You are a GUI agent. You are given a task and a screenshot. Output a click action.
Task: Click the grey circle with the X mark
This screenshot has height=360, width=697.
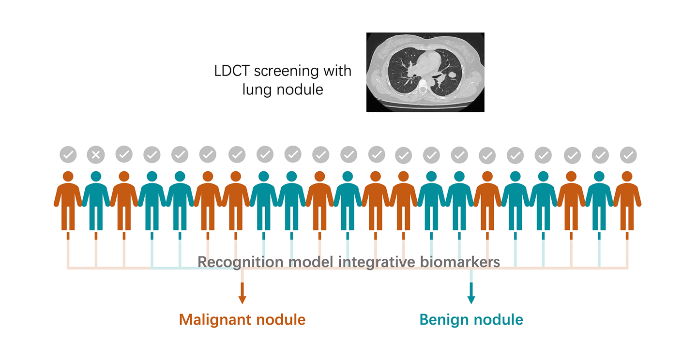pyautogui.click(x=96, y=155)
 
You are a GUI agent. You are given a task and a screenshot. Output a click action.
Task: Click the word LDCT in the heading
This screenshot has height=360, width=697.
pyautogui.click(x=232, y=71)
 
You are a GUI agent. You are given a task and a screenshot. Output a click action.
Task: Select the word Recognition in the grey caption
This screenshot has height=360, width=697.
pyautogui.click(x=241, y=262)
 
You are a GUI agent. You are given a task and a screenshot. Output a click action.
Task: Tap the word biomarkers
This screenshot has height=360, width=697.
pyautogui.click(x=460, y=262)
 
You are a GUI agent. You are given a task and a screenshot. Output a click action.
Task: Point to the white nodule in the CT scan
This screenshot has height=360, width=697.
pyautogui.click(x=452, y=75)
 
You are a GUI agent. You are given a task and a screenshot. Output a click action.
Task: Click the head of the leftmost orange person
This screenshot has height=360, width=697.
pyautogui.click(x=68, y=177)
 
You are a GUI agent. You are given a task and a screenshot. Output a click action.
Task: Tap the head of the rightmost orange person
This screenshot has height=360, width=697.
pyautogui.click(x=627, y=177)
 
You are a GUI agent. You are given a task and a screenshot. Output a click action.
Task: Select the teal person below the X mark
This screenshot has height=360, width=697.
pyautogui.click(x=96, y=201)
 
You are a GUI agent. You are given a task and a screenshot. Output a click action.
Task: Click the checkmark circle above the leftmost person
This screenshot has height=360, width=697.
pyautogui.click(x=68, y=155)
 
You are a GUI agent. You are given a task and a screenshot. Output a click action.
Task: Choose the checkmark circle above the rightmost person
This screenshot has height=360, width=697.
pyautogui.click(x=628, y=155)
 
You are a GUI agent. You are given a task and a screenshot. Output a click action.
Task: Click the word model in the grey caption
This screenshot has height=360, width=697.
pyautogui.click(x=311, y=262)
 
